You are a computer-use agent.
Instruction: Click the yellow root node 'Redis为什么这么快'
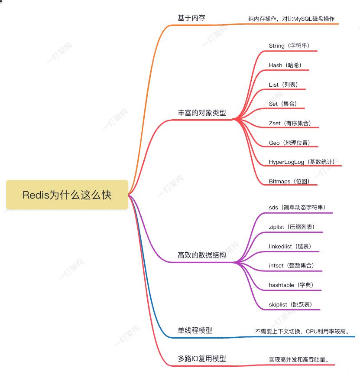click(x=67, y=195)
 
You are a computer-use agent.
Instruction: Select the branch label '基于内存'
click(x=191, y=18)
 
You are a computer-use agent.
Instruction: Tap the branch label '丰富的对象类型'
click(x=202, y=113)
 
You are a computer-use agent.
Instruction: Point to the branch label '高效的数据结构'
click(x=202, y=255)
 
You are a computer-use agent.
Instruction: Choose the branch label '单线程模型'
click(x=195, y=330)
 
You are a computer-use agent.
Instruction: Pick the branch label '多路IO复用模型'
click(x=202, y=359)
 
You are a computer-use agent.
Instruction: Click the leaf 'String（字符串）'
click(x=289, y=46)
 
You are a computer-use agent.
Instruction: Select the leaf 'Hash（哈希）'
click(x=285, y=65)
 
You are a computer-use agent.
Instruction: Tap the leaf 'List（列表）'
click(x=283, y=85)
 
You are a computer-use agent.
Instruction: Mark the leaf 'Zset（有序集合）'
click(x=290, y=123)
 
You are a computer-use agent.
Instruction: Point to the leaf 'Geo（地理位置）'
click(x=290, y=143)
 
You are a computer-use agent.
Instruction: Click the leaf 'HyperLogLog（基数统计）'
click(x=302, y=162)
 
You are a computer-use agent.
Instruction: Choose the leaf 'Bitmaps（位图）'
click(x=289, y=181)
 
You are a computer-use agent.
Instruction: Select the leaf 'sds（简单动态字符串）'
click(x=297, y=207)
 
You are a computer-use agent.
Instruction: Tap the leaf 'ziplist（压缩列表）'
click(x=292, y=227)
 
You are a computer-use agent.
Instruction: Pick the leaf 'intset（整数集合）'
click(x=292, y=265)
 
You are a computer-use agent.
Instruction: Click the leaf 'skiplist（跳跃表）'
click(x=291, y=304)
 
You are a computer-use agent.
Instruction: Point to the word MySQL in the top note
click(x=303, y=19)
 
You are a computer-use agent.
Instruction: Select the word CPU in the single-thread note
click(x=311, y=332)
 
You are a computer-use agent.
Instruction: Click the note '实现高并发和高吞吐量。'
click(x=299, y=359)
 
